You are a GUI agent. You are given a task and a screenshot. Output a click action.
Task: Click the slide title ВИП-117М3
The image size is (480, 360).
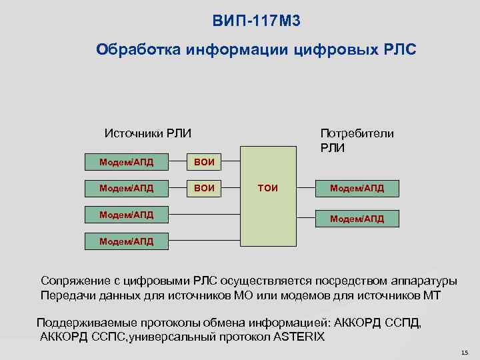tap(257, 21)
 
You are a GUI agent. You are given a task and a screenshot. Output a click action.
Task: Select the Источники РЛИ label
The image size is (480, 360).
tap(148, 133)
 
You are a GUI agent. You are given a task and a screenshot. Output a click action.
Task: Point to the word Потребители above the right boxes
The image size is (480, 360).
tap(357, 133)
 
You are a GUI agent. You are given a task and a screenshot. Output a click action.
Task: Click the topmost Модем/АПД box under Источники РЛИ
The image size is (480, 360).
tap(127, 162)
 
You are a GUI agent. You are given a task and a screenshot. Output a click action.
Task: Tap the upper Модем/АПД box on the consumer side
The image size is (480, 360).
tap(357, 189)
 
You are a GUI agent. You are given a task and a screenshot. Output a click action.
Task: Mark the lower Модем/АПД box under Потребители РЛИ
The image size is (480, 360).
tap(357, 218)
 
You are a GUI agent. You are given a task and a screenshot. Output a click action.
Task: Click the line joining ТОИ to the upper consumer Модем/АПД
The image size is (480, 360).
tap(306, 189)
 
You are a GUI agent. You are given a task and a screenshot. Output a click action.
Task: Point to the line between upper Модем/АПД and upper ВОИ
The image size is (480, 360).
tap(179, 162)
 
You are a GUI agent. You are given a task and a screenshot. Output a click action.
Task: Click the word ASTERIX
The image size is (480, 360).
tap(299, 337)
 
